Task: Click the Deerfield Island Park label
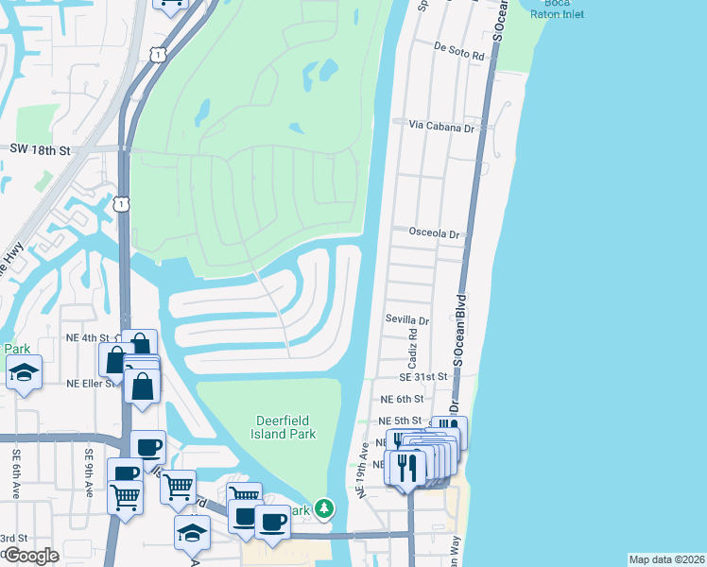[285, 427]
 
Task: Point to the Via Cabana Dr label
[440, 126]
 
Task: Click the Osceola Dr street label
[434, 232]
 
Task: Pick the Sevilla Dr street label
[406, 320]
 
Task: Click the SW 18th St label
[41, 149]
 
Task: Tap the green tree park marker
[324, 509]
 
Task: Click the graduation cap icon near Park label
[25, 373]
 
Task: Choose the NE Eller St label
[91, 383]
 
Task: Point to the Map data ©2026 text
[665, 559]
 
